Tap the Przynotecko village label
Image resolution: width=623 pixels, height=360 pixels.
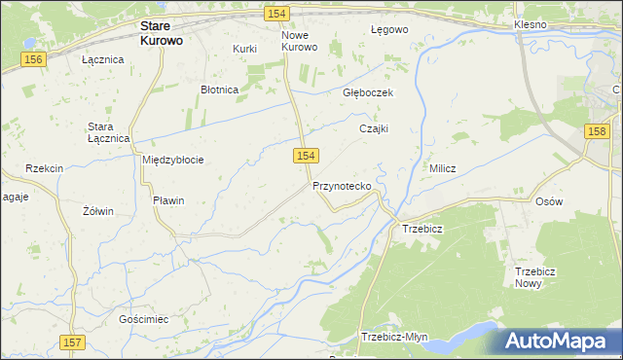coord(341,185)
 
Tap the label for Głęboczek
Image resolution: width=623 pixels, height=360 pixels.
coord(367,92)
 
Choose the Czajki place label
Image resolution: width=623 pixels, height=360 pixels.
coord(374,127)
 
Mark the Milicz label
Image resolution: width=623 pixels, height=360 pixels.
coord(443,168)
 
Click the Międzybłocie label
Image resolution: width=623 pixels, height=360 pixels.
coord(172,160)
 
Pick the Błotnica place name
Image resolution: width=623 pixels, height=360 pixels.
coord(219,90)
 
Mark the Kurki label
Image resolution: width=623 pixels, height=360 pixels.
coord(243,49)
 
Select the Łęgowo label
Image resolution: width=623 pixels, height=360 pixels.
coord(389,29)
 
